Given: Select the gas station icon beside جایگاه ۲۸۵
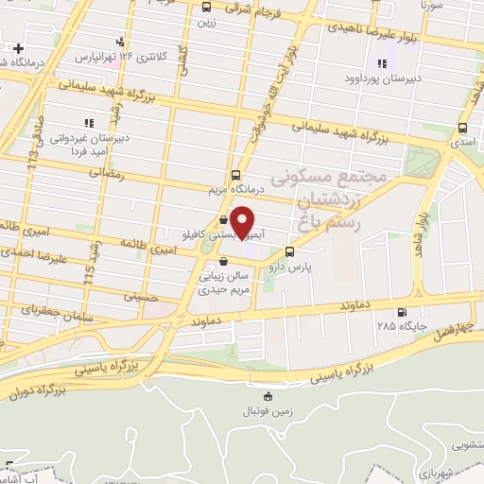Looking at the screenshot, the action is click(x=404, y=313).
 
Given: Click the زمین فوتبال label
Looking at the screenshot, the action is click(x=269, y=412).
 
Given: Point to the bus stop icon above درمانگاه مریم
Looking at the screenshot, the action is click(x=235, y=174).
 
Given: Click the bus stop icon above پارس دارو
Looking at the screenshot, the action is click(x=290, y=252).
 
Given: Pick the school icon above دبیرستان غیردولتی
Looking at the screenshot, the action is click(x=89, y=123).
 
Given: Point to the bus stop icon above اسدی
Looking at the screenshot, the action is click(x=462, y=129).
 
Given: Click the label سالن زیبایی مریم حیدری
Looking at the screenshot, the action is click(x=224, y=285).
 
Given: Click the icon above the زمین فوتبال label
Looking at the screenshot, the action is click(x=268, y=396).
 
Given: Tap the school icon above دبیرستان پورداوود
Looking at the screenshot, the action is click(x=382, y=64).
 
